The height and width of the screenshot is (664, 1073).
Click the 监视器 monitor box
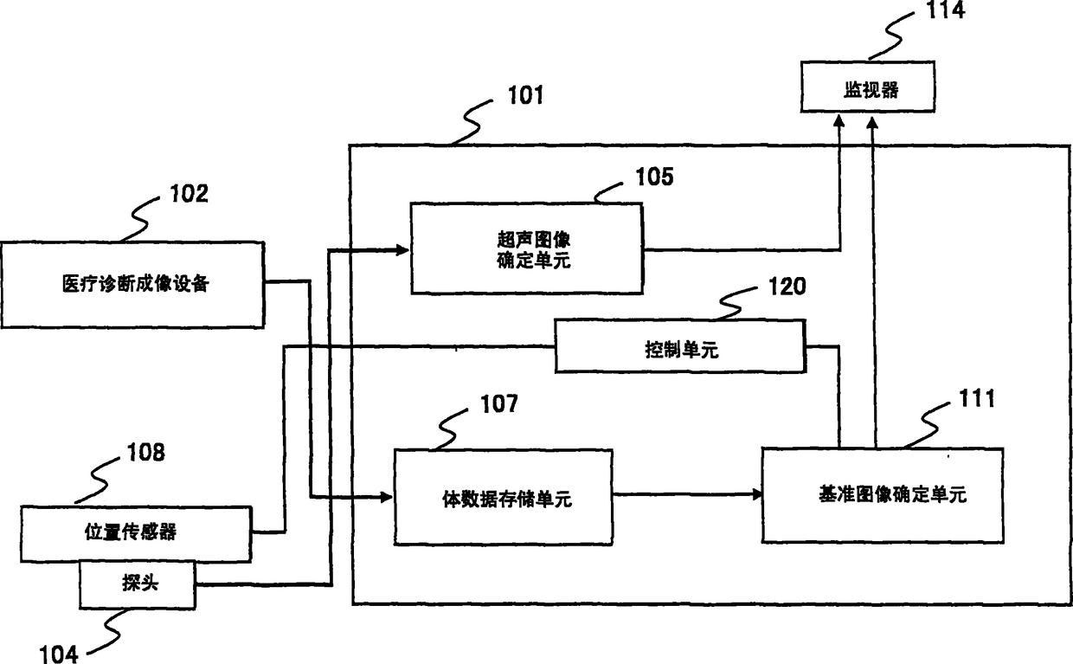[x=868, y=87]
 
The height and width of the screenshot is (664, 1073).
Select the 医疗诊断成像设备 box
[x=132, y=285]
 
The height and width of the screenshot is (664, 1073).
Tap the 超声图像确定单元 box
[x=526, y=248]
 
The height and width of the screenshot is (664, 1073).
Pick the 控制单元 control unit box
[x=680, y=346]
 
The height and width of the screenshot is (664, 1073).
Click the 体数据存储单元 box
[x=503, y=497]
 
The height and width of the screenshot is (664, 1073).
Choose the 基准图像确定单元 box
[x=883, y=495]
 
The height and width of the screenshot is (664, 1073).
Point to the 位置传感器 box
[x=136, y=533]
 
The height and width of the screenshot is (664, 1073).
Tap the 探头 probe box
[x=138, y=584]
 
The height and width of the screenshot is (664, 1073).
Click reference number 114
[x=945, y=10]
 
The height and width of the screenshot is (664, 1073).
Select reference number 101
[x=525, y=95]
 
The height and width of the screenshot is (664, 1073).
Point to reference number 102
[x=190, y=194]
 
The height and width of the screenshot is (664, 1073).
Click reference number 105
[x=654, y=177]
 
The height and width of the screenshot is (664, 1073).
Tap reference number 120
[x=787, y=287]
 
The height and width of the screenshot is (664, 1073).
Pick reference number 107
[x=499, y=404]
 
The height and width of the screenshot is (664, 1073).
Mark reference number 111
[x=977, y=398]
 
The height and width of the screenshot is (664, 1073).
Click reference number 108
[x=145, y=452]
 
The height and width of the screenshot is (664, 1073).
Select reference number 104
[x=59, y=654]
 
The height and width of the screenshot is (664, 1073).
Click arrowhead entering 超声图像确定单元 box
[x=403, y=249]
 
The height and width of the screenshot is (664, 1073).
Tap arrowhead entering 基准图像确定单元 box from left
[x=756, y=494]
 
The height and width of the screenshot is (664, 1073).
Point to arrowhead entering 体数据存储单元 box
[x=387, y=497]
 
